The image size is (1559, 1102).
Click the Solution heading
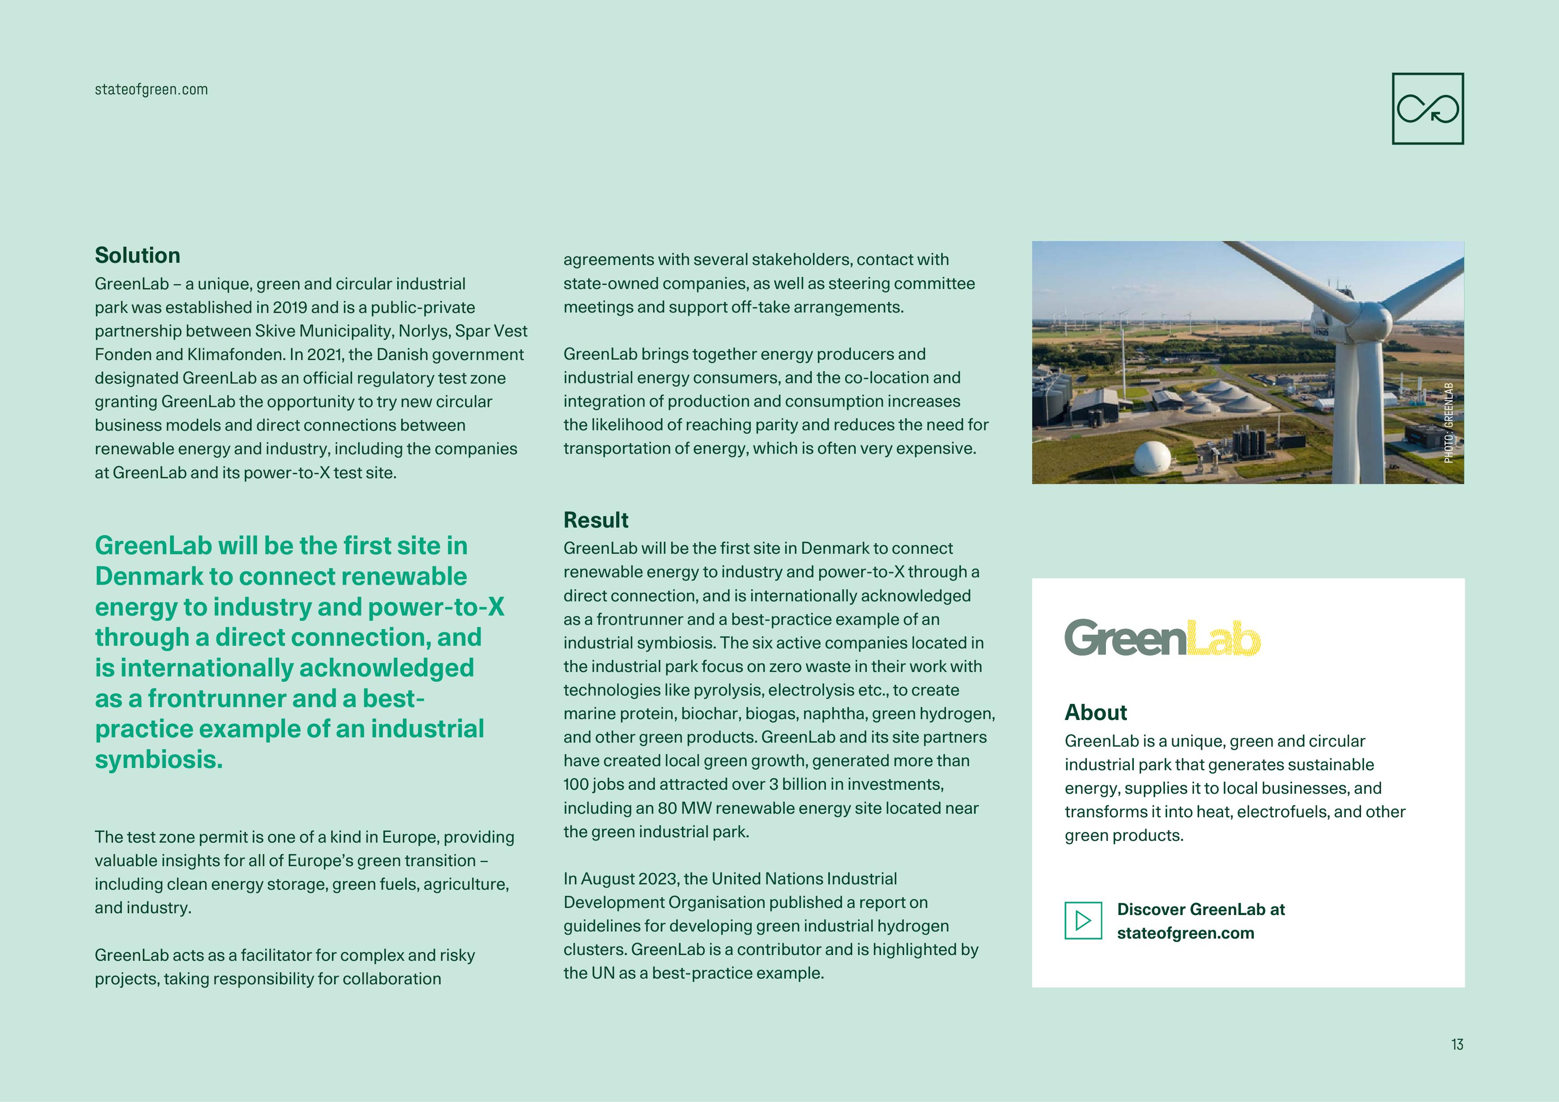pos(137,255)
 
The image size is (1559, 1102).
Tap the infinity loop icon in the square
pos(1427,109)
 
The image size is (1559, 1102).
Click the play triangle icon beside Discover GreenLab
pos(1083,921)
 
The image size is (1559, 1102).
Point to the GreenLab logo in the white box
pos(1162,638)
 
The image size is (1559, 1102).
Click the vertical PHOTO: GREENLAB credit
pos(1448,423)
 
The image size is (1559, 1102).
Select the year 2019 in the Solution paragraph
pos(290,307)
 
